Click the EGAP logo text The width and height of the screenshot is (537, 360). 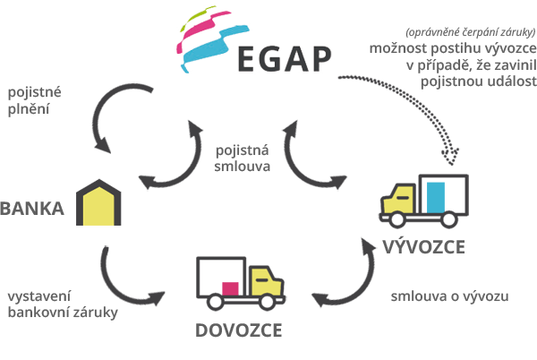(285, 59)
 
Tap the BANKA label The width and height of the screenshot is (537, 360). (32, 209)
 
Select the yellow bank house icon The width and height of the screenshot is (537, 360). (98, 202)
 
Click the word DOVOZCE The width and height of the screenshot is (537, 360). (239, 330)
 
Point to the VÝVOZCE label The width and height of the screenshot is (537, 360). (424, 246)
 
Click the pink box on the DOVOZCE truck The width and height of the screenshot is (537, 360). (230, 288)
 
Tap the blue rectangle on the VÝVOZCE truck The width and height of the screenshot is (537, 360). (436, 198)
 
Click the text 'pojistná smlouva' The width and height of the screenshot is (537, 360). (243, 159)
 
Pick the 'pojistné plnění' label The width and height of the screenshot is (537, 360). (34, 100)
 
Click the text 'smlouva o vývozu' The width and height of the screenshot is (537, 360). (449, 296)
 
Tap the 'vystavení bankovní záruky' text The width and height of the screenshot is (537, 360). (63, 304)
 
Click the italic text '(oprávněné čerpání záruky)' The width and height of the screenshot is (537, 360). (471, 32)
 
